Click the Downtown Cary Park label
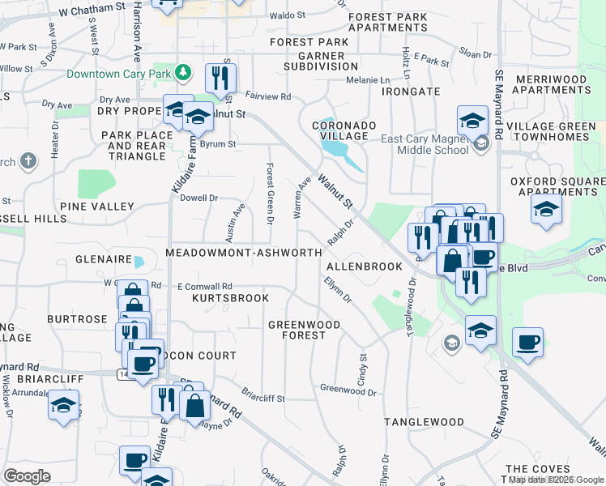coord(121,73)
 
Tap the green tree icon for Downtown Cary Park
coord(184,73)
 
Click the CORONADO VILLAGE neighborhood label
coord(344,130)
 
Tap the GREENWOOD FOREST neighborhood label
coord(305,330)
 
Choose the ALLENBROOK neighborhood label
coord(364,266)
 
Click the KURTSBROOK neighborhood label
coord(230,298)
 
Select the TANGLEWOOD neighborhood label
coord(424,422)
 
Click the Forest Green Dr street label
coord(270,191)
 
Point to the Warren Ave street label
coord(300,199)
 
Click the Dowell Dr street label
coord(199,198)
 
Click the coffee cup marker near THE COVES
coord(527,343)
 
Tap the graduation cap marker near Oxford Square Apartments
coord(547,208)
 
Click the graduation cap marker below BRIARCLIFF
coord(63,405)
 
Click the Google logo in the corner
coord(28,476)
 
